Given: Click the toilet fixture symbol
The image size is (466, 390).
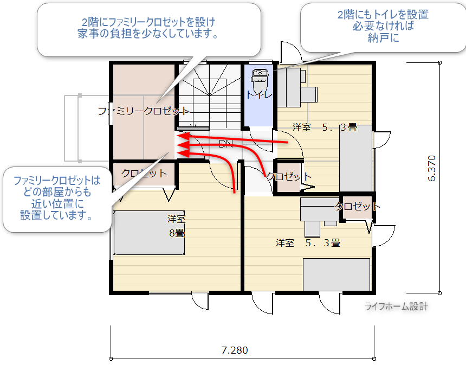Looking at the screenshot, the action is [x=260, y=80].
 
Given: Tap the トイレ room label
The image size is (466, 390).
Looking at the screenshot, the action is [x=259, y=95].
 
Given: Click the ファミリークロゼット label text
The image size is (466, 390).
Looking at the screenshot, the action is [x=144, y=111].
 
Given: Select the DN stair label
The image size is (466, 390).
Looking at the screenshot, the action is [x=225, y=144].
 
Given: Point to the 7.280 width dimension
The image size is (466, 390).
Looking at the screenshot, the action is [x=235, y=350].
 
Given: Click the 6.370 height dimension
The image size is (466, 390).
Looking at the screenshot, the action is [x=432, y=168].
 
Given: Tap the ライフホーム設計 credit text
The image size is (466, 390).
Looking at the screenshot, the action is [x=397, y=306].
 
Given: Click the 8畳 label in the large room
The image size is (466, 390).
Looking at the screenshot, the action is [x=177, y=233].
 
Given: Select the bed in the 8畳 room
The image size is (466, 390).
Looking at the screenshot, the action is [x=149, y=233].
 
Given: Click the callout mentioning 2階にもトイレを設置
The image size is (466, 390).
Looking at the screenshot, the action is [x=383, y=27].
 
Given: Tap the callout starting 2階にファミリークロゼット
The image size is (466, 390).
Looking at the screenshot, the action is [x=149, y=30].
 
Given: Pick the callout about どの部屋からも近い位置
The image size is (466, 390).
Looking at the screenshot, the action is [x=57, y=199].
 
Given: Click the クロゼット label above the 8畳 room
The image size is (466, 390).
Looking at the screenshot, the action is [x=144, y=174].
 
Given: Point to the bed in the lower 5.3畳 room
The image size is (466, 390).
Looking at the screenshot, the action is [x=336, y=274].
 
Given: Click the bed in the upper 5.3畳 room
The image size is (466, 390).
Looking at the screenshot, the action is [x=356, y=158].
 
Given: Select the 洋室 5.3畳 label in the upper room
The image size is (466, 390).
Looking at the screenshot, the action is [x=325, y=127].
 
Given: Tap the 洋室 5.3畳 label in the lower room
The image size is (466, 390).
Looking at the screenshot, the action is [x=308, y=243].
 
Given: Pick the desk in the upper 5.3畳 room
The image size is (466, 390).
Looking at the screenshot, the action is [x=289, y=88].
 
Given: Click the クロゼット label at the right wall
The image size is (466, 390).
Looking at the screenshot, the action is [x=357, y=206].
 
